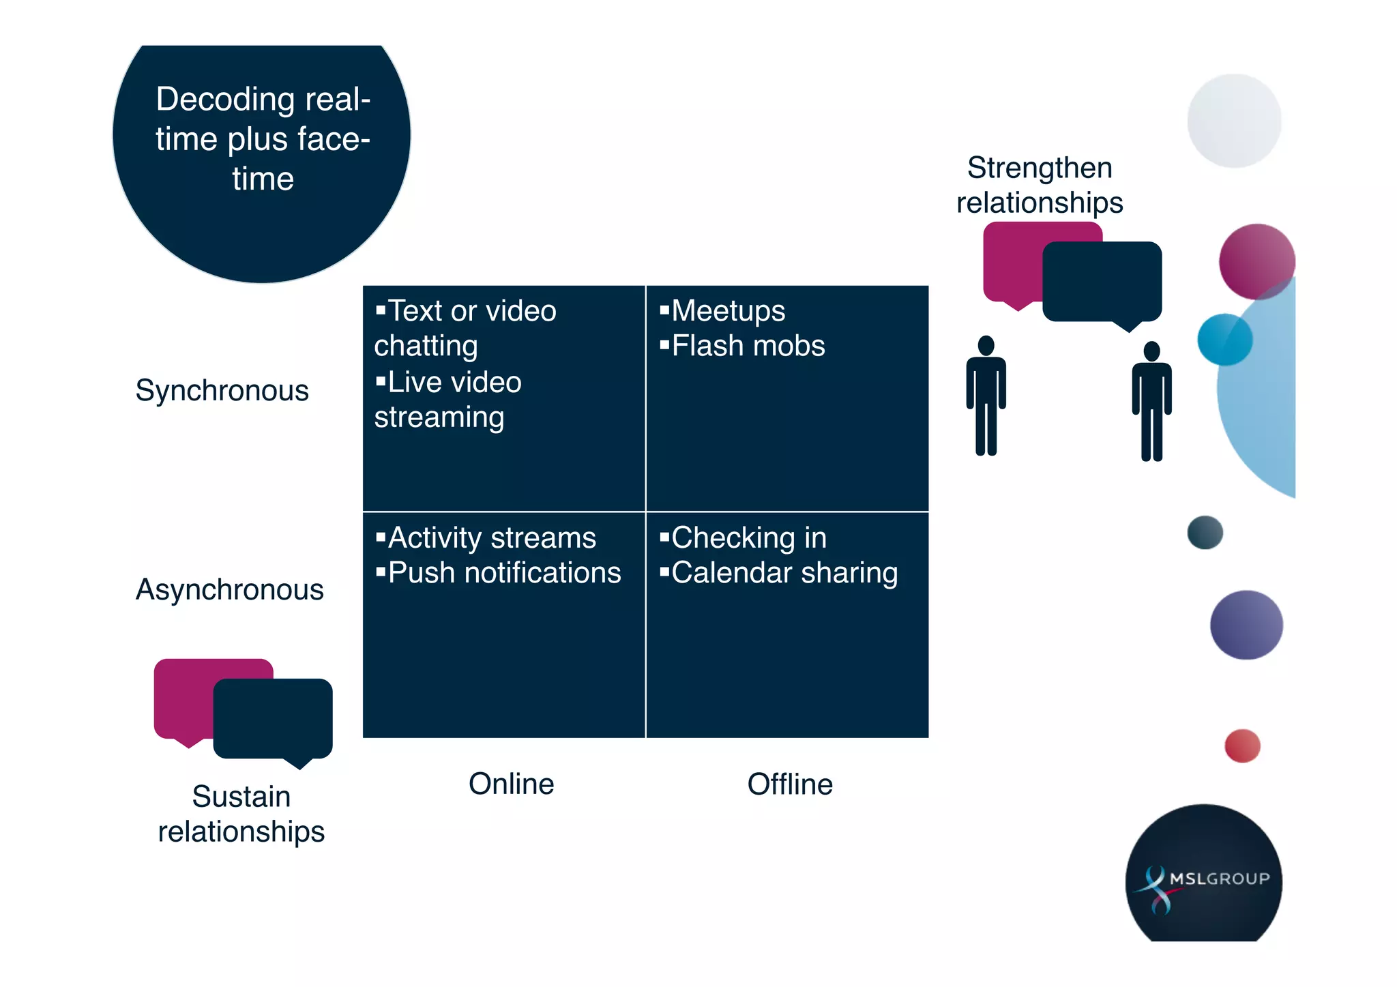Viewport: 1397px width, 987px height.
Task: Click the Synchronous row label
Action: click(x=222, y=391)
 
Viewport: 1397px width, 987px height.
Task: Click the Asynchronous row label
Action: click(x=229, y=590)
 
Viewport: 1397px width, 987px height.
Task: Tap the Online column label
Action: click(x=511, y=784)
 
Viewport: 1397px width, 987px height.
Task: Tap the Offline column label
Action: click(x=790, y=784)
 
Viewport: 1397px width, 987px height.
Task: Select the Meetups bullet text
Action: click(x=728, y=311)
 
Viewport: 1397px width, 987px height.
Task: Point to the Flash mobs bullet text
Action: click(x=748, y=346)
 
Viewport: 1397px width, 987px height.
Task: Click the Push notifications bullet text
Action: click(x=504, y=573)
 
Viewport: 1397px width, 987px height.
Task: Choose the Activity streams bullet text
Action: click(x=491, y=538)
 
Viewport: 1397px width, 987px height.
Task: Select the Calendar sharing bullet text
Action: click(x=784, y=573)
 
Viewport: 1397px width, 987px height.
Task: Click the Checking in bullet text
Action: click(x=748, y=538)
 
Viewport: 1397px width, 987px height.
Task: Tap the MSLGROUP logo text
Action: click(x=1219, y=879)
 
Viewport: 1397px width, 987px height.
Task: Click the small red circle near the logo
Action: click(x=1242, y=746)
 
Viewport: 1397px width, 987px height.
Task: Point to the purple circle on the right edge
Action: click(x=1246, y=625)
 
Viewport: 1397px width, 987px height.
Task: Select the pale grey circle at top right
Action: click(x=1234, y=121)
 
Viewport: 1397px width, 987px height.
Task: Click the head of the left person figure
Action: click(x=986, y=345)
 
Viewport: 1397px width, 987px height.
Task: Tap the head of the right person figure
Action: click(x=1151, y=351)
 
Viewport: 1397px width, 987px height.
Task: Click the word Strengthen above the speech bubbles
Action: click(x=1040, y=168)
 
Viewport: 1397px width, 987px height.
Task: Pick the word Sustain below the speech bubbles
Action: click(x=241, y=797)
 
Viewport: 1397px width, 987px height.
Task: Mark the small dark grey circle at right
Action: click(x=1205, y=532)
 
